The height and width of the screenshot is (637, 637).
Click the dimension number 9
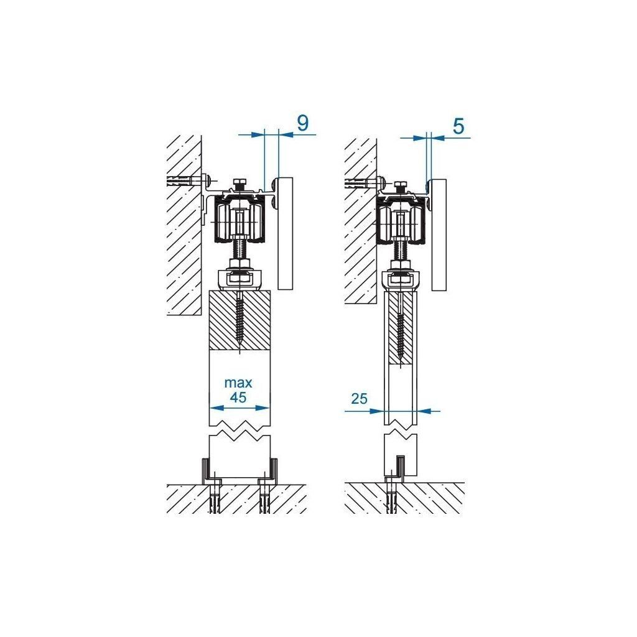tap(302, 123)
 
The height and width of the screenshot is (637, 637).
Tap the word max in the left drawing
tap(238, 382)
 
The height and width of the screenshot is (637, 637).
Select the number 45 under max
tap(238, 397)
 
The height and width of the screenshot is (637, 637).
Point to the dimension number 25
tap(358, 399)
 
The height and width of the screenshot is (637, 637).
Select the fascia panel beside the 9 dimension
tap(284, 233)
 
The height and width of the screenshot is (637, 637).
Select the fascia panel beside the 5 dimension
tap(439, 235)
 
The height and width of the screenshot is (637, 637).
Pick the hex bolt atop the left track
tap(239, 184)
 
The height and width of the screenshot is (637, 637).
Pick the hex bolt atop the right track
tap(401, 185)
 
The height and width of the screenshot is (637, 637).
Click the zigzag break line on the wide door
tap(239, 430)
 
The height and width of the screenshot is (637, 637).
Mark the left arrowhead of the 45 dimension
tap(213, 408)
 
